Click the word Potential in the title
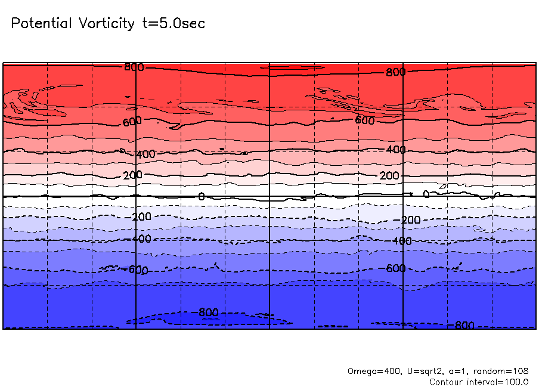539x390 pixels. (x=41, y=24)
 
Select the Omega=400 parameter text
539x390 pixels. (x=370, y=371)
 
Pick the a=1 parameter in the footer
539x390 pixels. (x=457, y=371)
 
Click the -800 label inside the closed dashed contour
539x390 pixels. (x=207, y=312)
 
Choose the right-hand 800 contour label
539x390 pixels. (x=395, y=72)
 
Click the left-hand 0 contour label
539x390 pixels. (x=201, y=196)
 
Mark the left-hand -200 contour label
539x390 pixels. (x=141, y=216)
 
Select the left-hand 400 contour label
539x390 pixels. (x=145, y=154)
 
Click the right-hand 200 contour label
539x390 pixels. (x=389, y=176)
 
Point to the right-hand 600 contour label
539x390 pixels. (x=365, y=120)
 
